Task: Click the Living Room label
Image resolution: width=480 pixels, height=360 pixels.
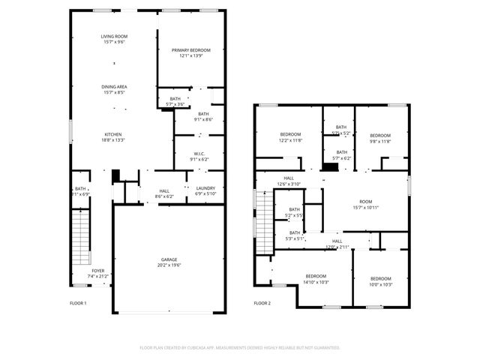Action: tap(114, 36)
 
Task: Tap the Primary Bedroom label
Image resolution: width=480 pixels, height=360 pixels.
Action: tap(190, 50)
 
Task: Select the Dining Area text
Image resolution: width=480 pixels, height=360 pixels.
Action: tap(114, 87)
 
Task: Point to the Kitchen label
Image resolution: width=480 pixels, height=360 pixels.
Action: tap(113, 134)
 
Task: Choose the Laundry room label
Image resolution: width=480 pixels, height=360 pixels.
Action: tap(205, 188)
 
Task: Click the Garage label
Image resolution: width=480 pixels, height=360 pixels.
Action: tap(169, 259)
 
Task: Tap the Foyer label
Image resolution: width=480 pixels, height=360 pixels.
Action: tap(98, 271)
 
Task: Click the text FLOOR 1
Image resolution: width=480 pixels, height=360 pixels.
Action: tap(78, 303)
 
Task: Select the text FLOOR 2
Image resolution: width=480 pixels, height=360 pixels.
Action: tap(262, 303)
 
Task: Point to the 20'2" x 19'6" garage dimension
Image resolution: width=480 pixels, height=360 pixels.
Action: tap(169, 265)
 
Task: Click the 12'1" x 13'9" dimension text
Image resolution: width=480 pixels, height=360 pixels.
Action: tap(190, 55)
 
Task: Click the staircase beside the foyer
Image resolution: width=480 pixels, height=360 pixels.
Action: tap(80, 236)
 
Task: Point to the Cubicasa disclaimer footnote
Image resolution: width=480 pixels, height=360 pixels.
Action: tap(240, 347)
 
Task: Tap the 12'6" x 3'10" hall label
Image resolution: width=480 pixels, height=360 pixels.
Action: tap(289, 184)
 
